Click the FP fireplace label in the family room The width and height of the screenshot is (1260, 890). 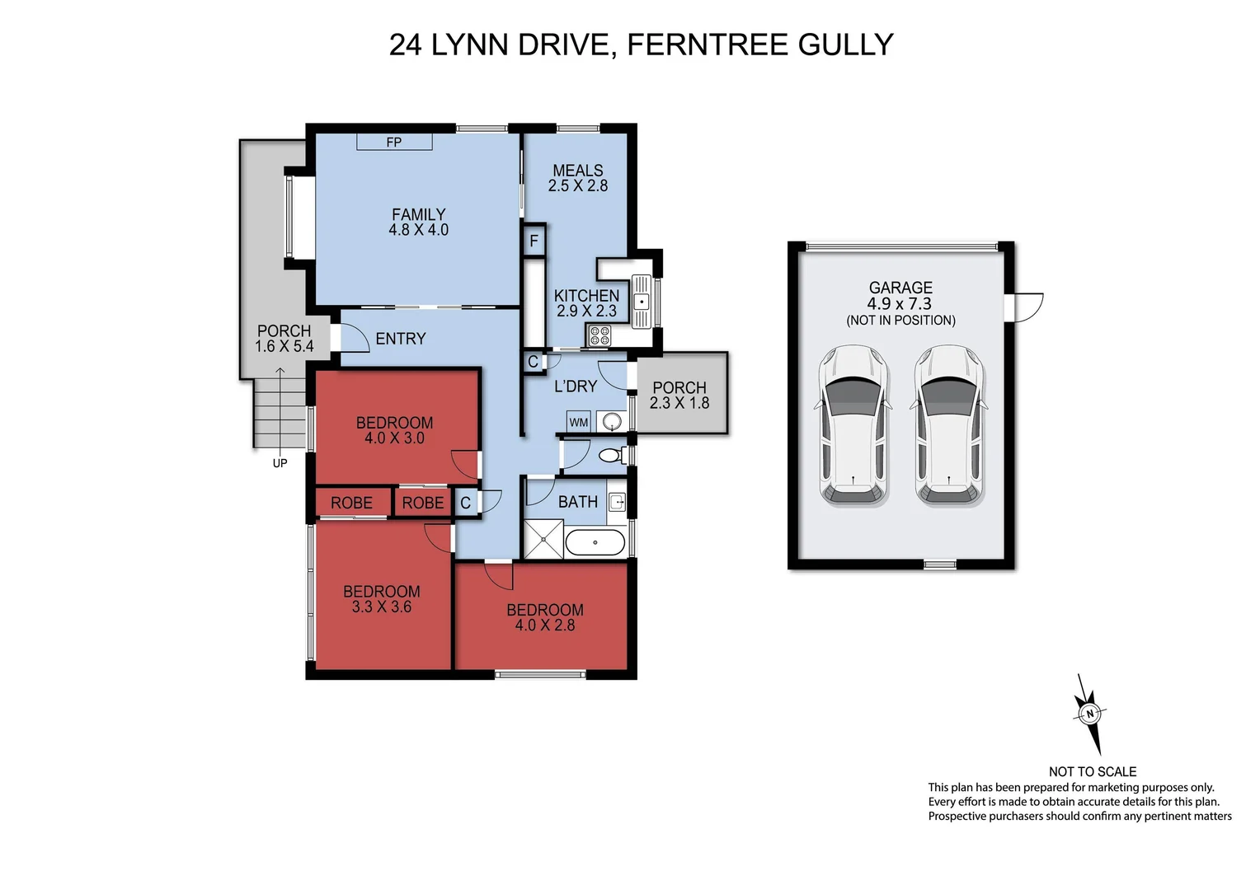pos(394,142)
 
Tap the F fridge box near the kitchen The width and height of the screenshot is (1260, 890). pos(534,241)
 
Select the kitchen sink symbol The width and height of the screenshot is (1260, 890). pos(642,301)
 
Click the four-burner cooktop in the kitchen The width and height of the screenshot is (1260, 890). pos(599,335)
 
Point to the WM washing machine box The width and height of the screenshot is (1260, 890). pos(579,422)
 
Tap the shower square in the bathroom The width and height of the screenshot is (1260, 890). pos(544,539)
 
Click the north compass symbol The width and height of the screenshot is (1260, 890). pos(1089,714)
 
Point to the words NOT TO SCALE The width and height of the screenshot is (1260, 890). pos(1092,771)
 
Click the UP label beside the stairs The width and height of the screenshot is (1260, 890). pos(280,463)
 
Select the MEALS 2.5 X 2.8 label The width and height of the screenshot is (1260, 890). pos(578,179)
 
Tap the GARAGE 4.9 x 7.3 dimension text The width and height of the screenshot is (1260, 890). pos(900,303)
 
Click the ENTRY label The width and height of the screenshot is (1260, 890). pos(401,339)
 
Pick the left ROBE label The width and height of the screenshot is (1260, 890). pos(351,503)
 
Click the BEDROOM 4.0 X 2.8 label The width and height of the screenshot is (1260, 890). pos(545,617)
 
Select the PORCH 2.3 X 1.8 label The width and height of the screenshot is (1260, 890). pos(679,395)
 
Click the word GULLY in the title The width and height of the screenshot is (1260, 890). pos(845,44)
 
